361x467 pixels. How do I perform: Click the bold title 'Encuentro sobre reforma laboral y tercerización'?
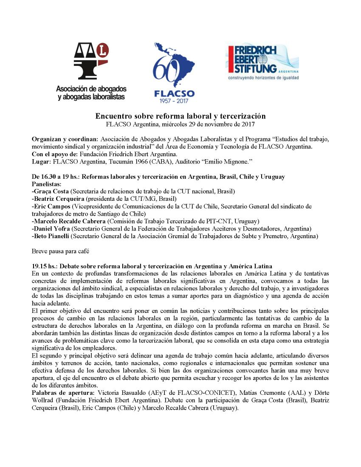[180, 116]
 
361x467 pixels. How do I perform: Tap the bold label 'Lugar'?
[40, 161]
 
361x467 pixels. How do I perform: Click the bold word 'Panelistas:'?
[47, 184]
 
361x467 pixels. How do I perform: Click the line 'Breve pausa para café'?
[60, 251]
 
